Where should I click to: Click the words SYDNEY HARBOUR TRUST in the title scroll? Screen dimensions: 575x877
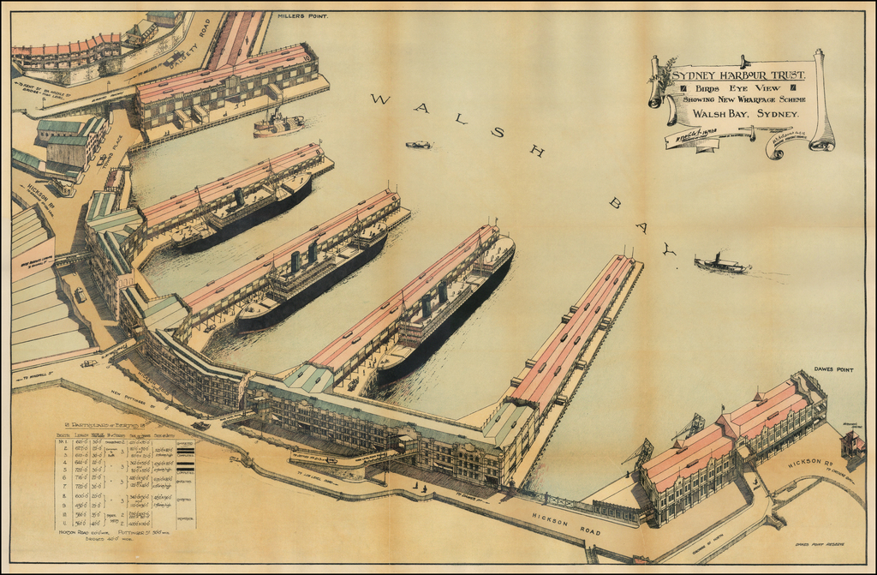coord(737,75)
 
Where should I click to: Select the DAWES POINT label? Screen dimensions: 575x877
coord(833,369)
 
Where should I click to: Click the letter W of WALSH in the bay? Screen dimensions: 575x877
coord(379,99)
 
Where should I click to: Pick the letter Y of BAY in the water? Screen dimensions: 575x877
coord(668,249)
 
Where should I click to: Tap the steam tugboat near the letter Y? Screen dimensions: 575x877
coord(720,265)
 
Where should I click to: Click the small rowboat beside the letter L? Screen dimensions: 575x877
coord(418,145)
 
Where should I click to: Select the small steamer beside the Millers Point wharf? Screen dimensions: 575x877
coord(277,125)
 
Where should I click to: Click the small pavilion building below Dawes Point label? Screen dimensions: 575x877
coord(852,444)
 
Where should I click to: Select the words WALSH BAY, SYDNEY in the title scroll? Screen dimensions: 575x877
coord(744,113)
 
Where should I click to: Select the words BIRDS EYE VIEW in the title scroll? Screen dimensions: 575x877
coord(737,88)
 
